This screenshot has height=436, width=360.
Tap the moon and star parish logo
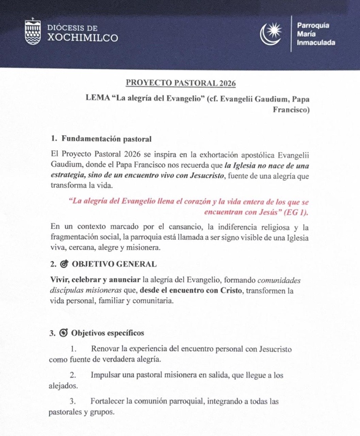tap(271, 34)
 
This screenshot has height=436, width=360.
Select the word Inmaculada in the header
tap(316, 43)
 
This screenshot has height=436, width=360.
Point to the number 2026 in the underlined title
tap(226, 83)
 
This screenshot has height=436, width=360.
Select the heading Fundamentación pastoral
tap(106, 138)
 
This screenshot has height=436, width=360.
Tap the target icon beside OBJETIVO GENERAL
tap(64, 264)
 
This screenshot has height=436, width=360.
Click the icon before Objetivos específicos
tap(64, 333)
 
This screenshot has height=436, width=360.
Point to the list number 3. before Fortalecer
tap(73, 402)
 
